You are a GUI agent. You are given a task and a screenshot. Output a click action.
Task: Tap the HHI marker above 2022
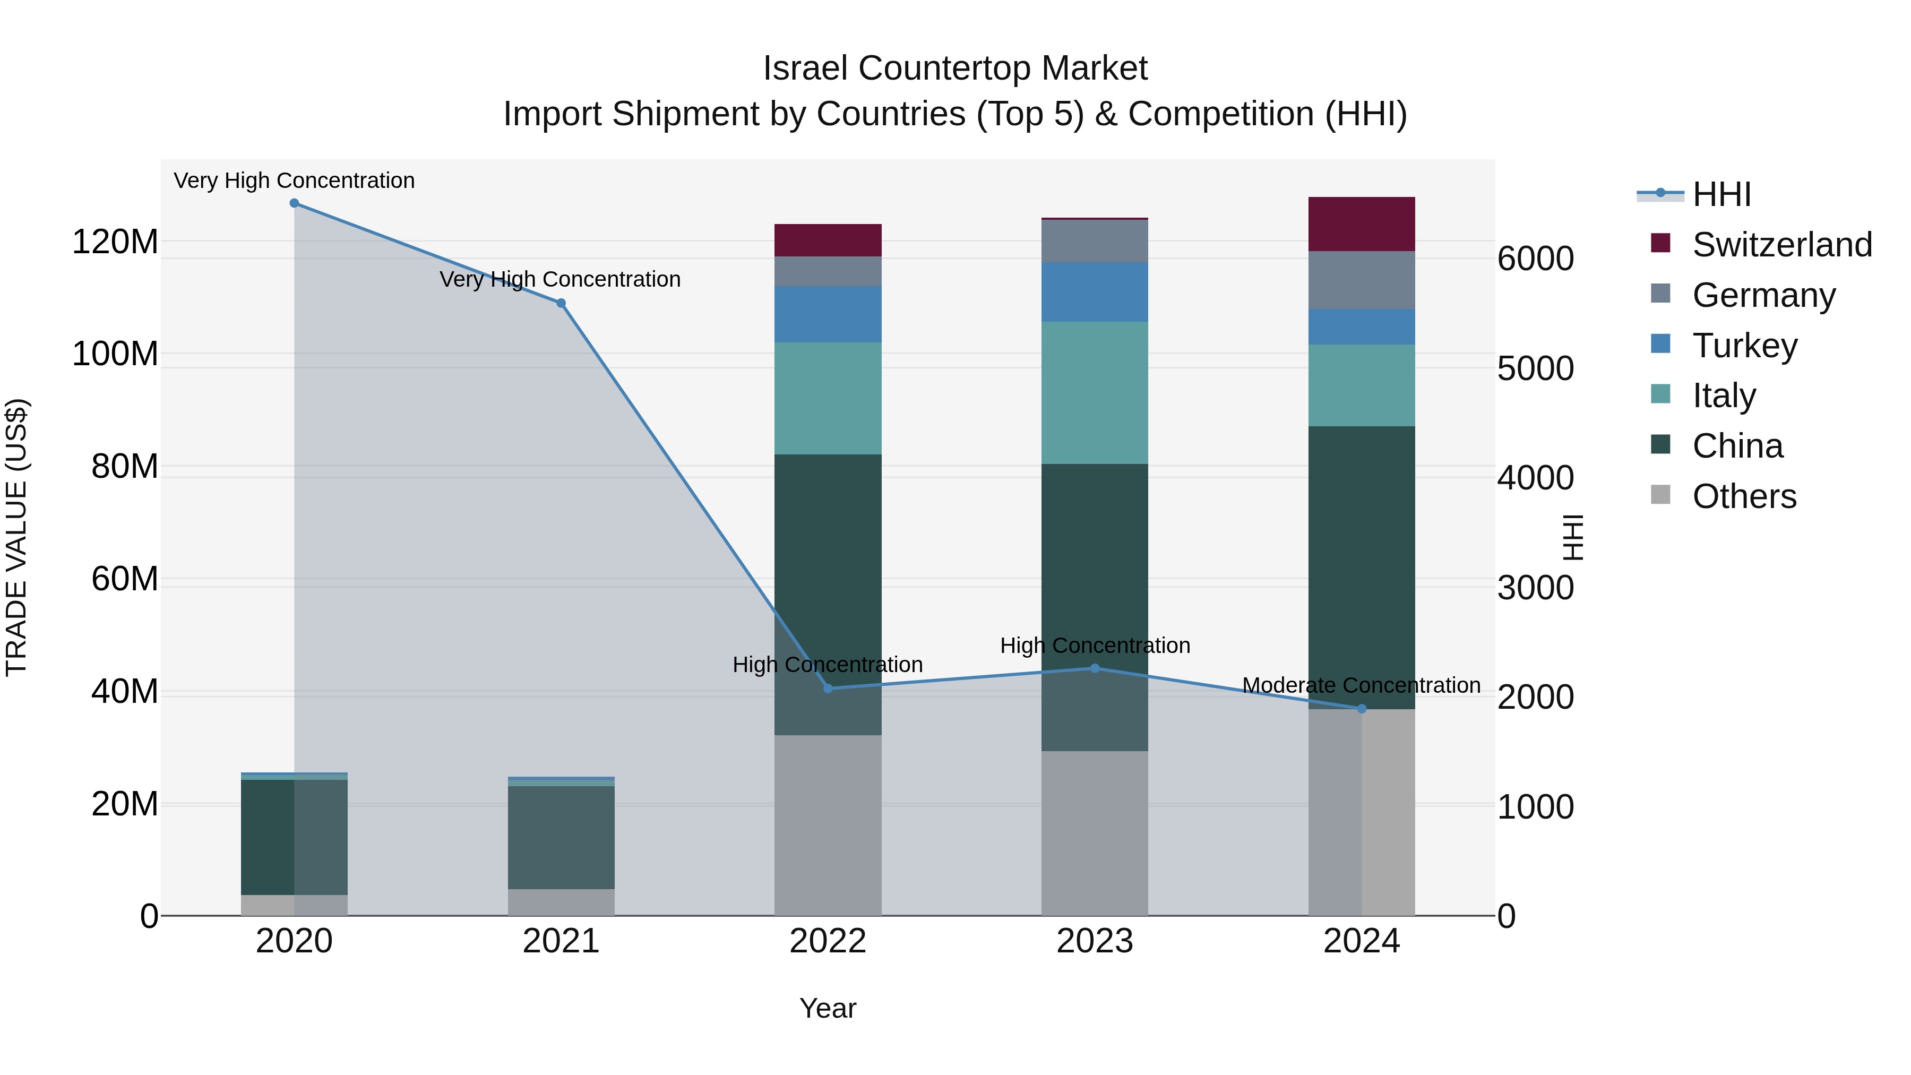[828, 689]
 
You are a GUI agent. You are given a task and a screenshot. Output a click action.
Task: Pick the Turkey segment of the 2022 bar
[828, 315]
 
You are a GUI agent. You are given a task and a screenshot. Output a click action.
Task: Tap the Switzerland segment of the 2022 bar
[828, 240]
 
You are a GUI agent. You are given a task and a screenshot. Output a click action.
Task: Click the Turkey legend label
[1744, 346]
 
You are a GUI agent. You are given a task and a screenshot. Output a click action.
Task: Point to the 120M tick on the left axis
[115, 242]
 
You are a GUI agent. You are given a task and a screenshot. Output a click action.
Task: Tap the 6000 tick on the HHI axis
[1535, 259]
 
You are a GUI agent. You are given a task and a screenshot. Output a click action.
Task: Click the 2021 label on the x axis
[561, 941]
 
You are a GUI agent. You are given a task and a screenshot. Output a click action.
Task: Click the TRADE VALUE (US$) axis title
[17, 537]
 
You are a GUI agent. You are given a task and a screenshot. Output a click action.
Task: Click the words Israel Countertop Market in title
[955, 68]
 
